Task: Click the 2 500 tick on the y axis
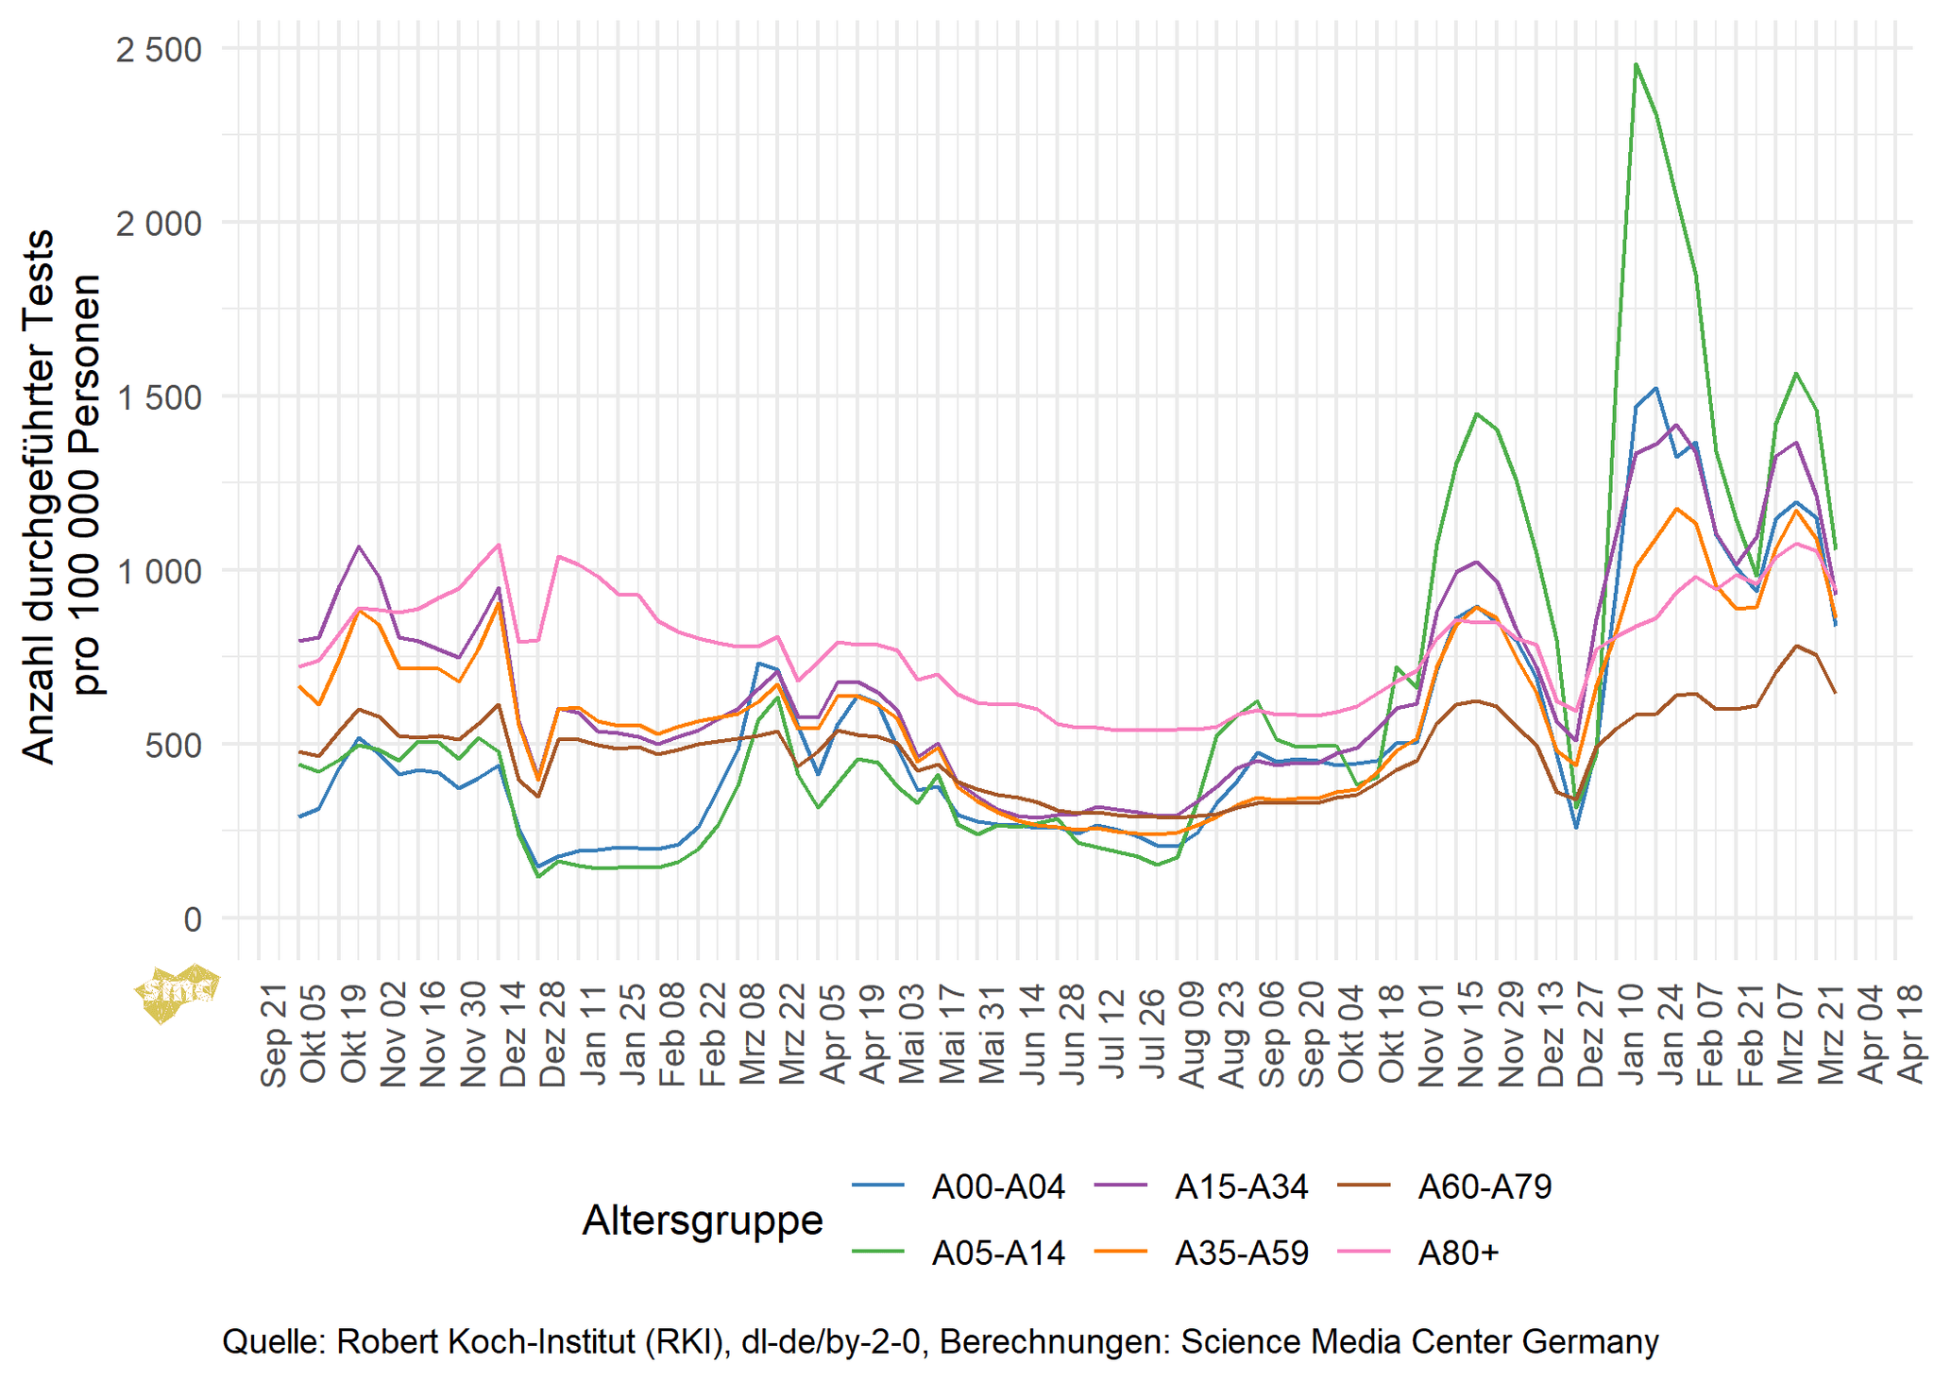coord(159,49)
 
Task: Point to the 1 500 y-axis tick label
coord(159,397)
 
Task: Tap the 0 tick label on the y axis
coord(193,919)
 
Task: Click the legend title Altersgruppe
coord(703,1220)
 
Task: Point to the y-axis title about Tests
coord(60,497)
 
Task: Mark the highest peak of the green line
coord(1636,64)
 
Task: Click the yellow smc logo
coord(177,992)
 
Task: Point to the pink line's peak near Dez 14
coord(499,545)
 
